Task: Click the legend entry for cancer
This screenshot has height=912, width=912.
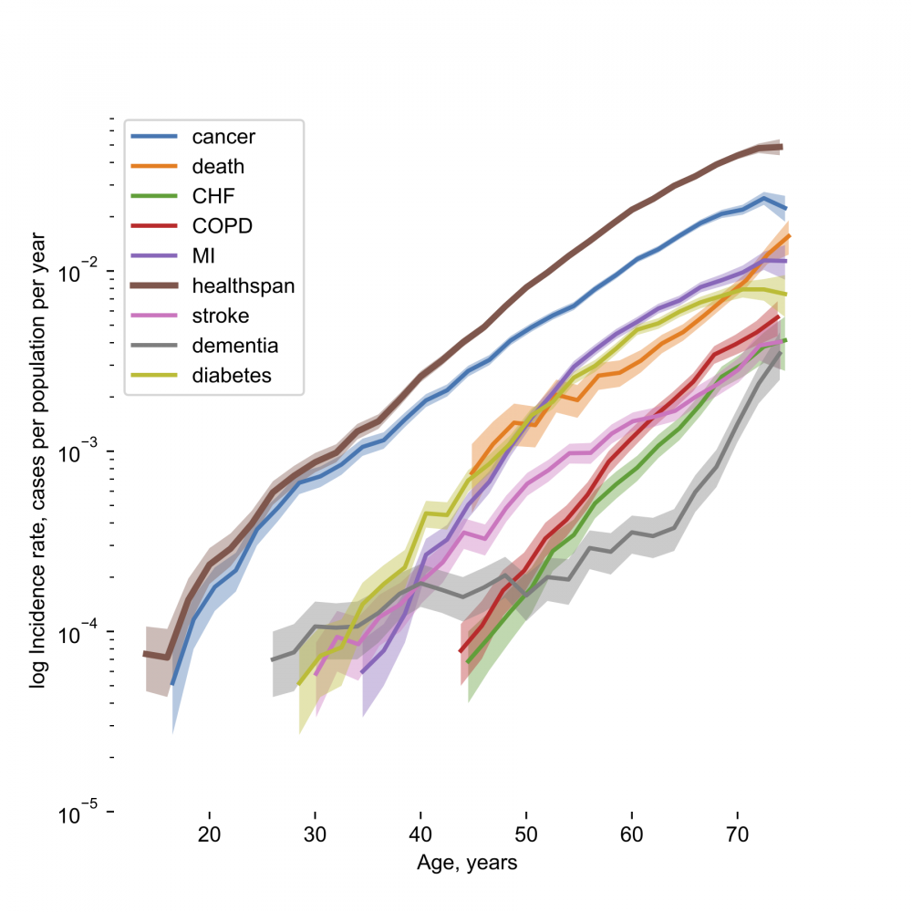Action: pos(223,138)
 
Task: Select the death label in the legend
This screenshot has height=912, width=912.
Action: pos(218,167)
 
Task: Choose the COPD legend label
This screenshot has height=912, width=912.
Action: pos(222,226)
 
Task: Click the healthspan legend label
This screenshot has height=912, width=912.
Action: pos(243,285)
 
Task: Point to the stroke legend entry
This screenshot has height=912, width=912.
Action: pos(220,316)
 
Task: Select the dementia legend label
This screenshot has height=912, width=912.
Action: pos(234,346)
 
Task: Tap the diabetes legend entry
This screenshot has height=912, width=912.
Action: pos(232,375)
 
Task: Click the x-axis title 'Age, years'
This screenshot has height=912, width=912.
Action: pos(467,863)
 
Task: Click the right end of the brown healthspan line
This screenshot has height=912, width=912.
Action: pos(782,147)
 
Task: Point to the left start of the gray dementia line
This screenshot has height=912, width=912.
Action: pos(273,659)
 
